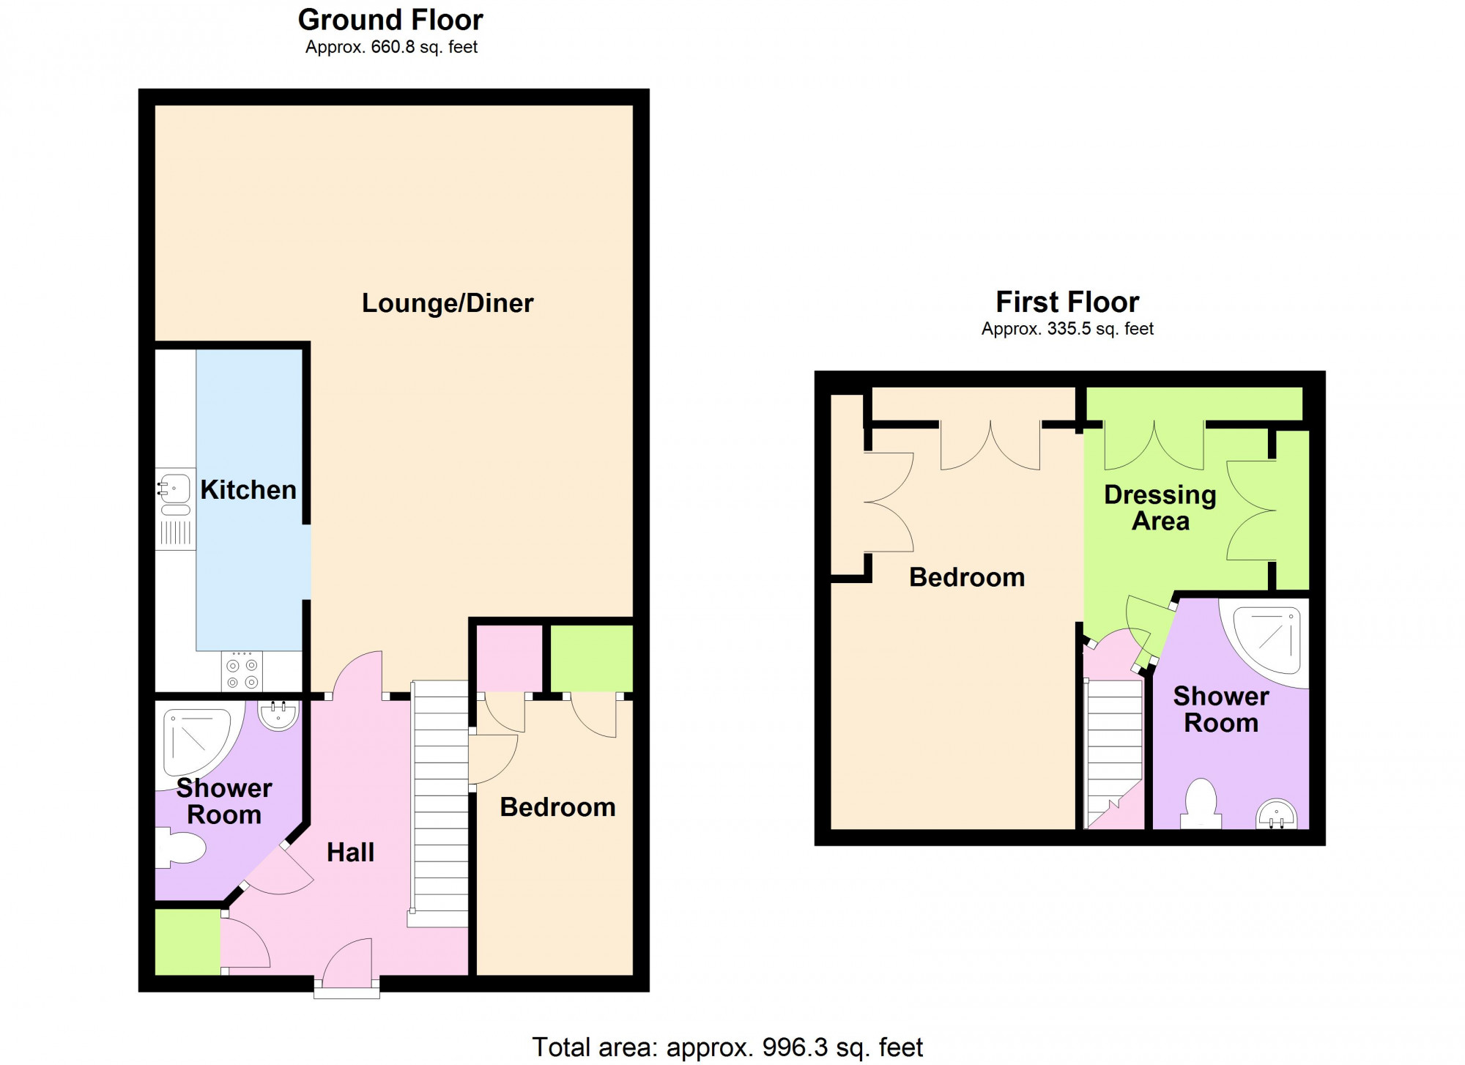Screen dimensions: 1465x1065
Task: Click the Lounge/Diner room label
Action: tap(448, 303)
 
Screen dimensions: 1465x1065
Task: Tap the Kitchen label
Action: tap(248, 489)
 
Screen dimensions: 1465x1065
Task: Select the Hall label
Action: tap(350, 852)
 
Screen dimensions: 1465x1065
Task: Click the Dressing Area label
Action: tap(1160, 508)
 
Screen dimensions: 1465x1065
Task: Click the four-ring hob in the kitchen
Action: tap(242, 672)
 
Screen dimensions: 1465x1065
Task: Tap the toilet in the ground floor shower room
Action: tap(180, 848)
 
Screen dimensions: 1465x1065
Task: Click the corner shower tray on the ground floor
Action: tap(199, 741)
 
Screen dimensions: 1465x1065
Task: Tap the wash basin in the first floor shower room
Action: tap(1277, 814)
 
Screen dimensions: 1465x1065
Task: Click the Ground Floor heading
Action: tap(390, 20)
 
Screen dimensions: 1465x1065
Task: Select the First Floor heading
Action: tap(1067, 302)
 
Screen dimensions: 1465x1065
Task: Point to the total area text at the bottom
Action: tap(727, 1047)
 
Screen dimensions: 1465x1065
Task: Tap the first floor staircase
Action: tap(1114, 753)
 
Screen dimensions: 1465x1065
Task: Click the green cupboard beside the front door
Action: tap(188, 942)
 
